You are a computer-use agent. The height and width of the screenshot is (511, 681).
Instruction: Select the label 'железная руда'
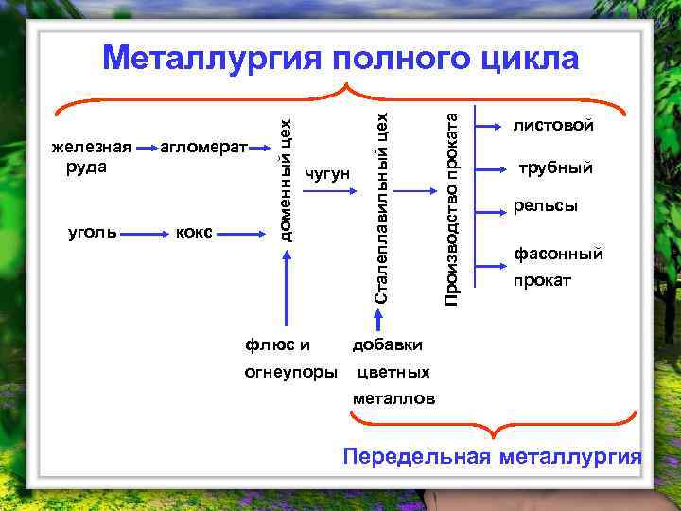point(91,157)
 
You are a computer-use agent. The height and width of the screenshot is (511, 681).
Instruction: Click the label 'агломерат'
point(202,148)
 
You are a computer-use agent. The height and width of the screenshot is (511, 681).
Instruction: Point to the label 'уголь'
point(92,232)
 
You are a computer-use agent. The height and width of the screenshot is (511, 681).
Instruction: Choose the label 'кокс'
point(194,232)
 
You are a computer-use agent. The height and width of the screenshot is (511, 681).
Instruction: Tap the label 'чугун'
point(327,174)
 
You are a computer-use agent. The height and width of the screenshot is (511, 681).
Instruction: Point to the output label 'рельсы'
point(545,205)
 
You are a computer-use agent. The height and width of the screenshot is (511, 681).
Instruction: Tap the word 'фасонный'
point(557,254)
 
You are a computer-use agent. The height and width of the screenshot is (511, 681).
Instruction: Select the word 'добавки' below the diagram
point(387,344)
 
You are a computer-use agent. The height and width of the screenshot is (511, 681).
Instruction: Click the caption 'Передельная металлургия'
point(492,457)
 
